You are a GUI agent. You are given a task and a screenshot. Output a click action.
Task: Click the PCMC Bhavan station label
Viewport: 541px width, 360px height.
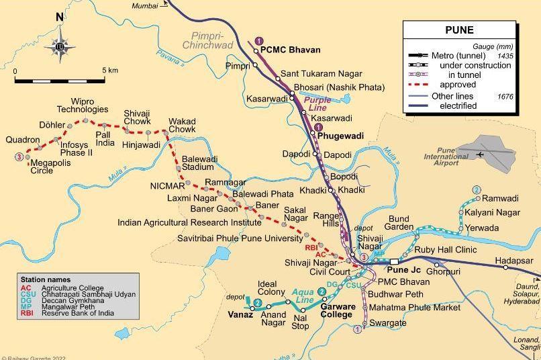coord(291,50)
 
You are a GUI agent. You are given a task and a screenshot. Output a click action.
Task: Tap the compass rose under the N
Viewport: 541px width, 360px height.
coord(60,46)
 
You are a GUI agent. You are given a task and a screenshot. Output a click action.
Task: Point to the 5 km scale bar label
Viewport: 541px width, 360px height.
coord(110,71)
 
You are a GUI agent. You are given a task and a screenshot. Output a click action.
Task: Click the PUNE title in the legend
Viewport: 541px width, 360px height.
coord(459,30)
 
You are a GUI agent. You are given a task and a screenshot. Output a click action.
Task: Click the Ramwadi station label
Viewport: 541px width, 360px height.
coord(501,199)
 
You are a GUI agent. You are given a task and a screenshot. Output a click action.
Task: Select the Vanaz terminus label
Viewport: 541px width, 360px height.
coord(240,314)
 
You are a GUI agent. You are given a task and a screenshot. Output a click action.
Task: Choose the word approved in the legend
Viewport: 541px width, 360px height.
coord(458,85)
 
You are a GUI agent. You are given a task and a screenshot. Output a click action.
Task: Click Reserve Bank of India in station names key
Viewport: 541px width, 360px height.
coord(79,313)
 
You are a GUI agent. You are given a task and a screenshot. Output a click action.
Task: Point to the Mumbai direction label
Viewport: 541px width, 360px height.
coord(145,5)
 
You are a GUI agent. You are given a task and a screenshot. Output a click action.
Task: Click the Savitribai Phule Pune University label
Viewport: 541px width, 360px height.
coord(240,238)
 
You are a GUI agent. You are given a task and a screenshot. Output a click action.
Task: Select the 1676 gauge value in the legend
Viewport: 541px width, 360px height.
coord(505,97)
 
